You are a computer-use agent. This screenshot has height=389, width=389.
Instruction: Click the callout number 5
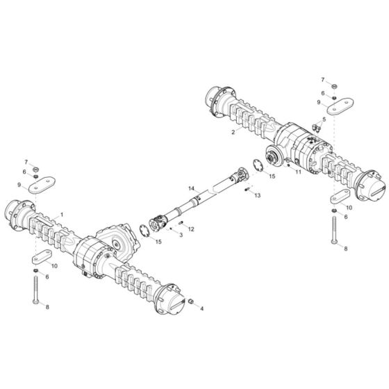[323, 119]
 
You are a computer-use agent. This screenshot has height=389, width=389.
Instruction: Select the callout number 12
[191, 229]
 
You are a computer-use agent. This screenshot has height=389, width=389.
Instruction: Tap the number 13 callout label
[258, 196]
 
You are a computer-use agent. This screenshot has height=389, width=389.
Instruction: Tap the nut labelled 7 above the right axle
[332, 86]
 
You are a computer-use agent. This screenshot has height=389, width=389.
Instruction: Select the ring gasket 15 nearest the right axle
[254, 167]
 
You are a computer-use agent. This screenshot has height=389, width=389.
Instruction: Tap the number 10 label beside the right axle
[348, 207]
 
